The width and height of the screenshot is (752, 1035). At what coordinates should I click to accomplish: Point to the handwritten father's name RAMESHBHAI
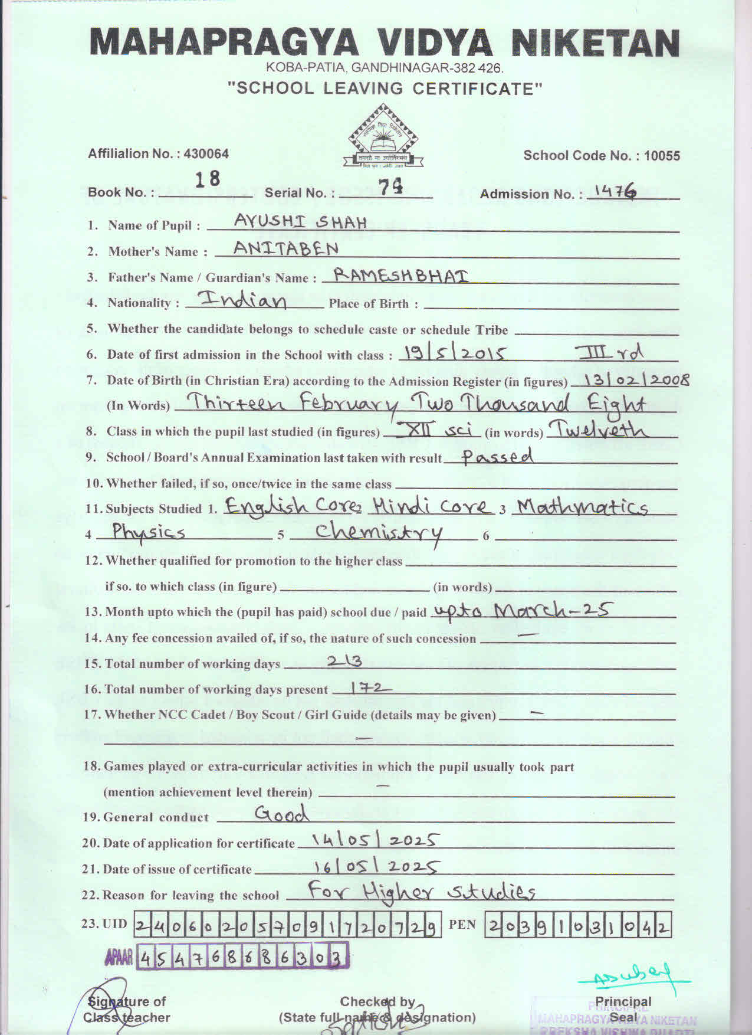[x=401, y=274]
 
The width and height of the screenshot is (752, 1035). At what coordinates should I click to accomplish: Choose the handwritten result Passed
[x=497, y=456]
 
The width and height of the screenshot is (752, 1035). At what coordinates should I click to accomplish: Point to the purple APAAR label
[x=119, y=958]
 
